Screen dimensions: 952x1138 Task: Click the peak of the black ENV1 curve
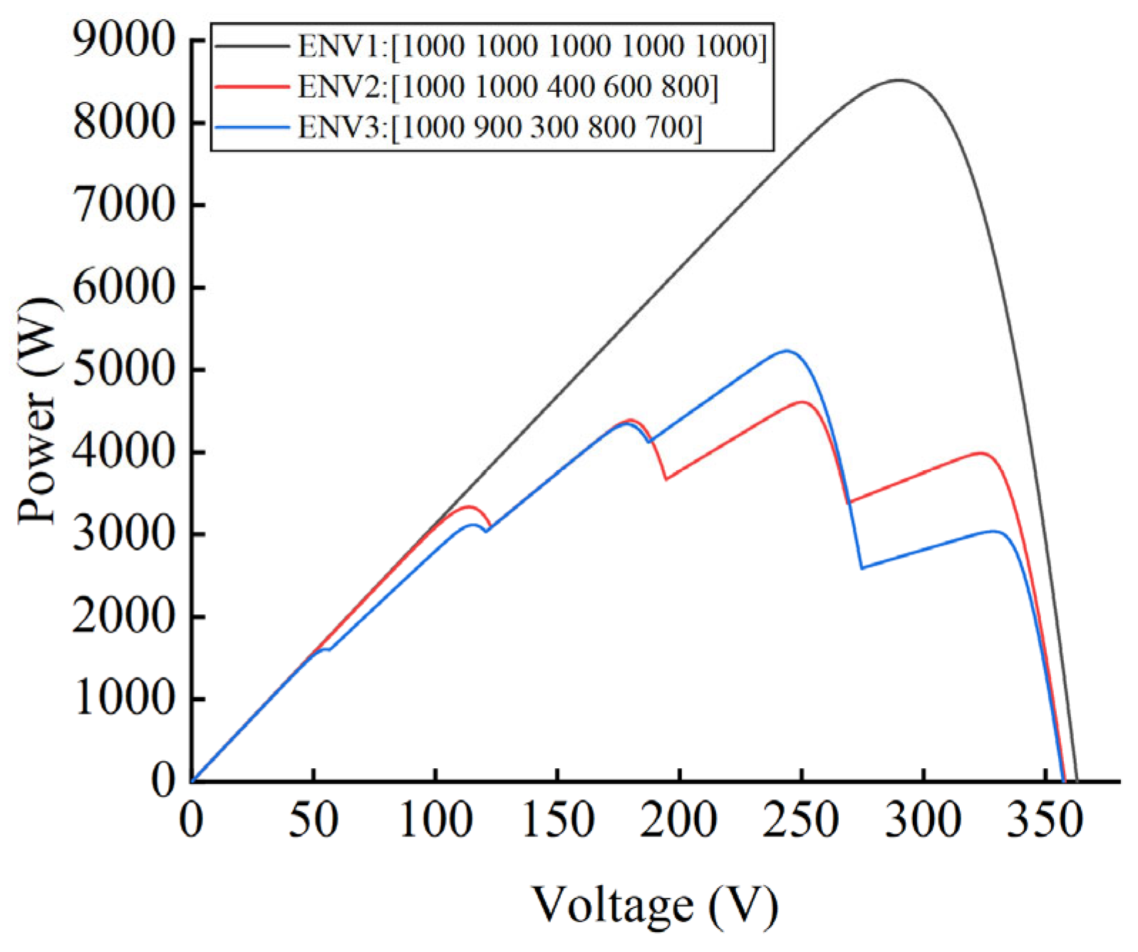tap(899, 81)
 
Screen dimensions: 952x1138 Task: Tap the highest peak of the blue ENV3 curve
tap(787, 351)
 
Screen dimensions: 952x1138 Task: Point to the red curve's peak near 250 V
tap(803, 402)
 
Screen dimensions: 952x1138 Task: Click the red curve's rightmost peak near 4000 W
tap(981, 452)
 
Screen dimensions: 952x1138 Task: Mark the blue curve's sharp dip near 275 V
tap(862, 568)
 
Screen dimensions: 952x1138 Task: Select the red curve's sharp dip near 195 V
tap(666, 480)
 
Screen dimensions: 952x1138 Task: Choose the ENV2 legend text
tap(507, 87)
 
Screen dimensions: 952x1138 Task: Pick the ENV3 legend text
tap(500, 128)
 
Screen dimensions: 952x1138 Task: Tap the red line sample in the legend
tap(252, 87)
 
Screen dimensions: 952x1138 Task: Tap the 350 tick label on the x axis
tap(1044, 820)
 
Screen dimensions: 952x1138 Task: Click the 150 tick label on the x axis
tap(557, 820)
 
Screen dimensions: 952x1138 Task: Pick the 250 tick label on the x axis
tap(801, 820)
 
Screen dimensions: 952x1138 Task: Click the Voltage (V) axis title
tap(655, 905)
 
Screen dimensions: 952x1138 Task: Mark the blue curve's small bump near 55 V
tap(326, 648)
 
